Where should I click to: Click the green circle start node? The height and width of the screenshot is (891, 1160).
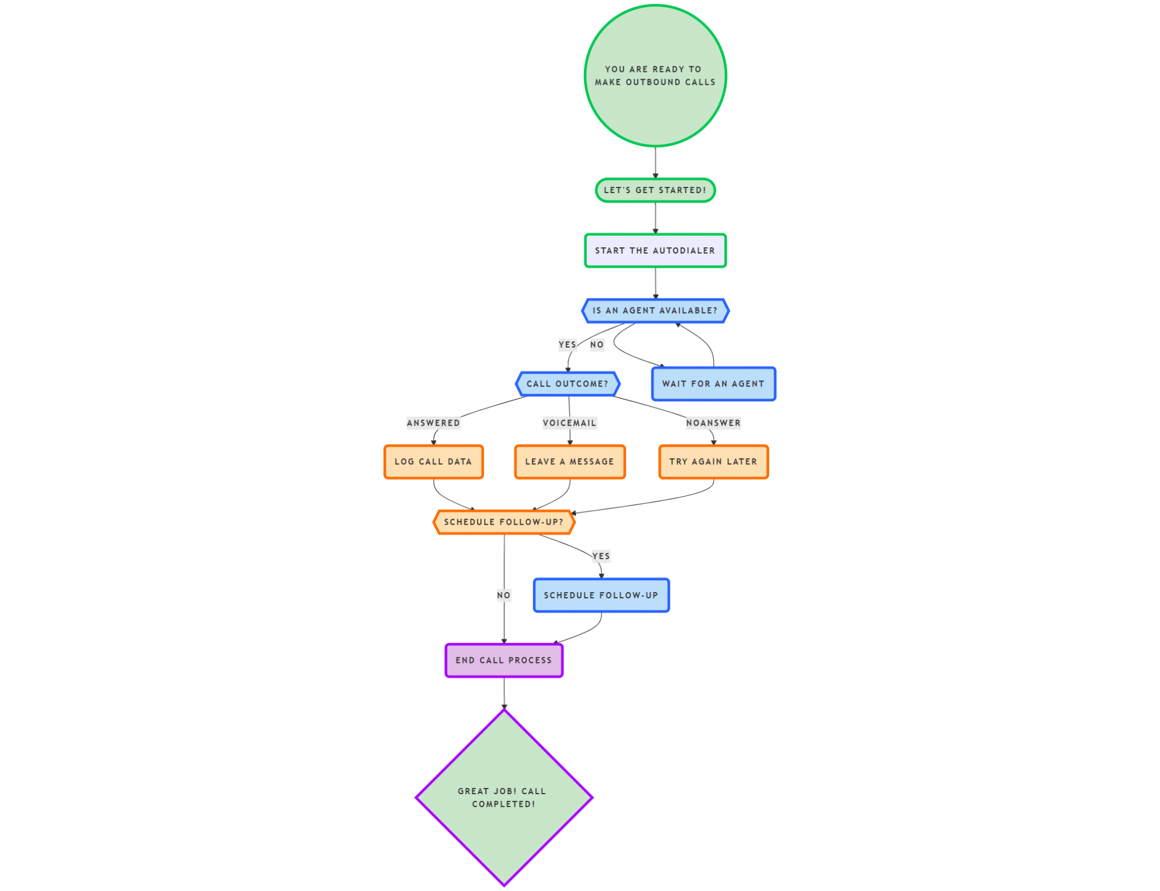click(x=655, y=76)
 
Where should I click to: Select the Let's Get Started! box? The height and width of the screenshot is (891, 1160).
click(x=655, y=190)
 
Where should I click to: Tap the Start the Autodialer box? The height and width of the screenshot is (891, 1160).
click(x=655, y=250)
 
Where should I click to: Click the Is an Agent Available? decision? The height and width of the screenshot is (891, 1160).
click(x=655, y=311)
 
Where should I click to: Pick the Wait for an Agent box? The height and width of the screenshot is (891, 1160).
click(x=713, y=384)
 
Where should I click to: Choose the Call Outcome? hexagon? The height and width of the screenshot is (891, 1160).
click(x=568, y=384)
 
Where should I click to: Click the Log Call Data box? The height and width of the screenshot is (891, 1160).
click(x=433, y=462)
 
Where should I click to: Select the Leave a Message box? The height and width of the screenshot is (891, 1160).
click(x=570, y=462)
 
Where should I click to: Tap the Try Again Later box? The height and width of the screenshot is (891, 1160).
click(x=713, y=462)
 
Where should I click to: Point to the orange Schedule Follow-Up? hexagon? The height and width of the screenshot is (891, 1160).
click(x=504, y=522)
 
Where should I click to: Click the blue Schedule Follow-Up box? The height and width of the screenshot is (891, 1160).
click(x=601, y=596)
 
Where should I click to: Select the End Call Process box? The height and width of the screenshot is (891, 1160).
click(x=504, y=660)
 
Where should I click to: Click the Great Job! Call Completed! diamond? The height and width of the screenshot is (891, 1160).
click(x=504, y=798)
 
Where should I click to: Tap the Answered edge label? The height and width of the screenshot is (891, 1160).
click(x=433, y=423)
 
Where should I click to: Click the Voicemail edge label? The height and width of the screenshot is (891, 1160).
click(x=570, y=423)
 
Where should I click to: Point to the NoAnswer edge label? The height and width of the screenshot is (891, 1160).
click(x=713, y=423)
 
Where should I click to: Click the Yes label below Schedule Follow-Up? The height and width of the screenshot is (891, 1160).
click(x=601, y=556)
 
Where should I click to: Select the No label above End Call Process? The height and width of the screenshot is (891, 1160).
click(x=504, y=595)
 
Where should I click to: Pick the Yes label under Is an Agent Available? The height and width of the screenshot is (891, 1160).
click(x=567, y=345)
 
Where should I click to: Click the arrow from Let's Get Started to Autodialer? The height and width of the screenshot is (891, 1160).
click(x=655, y=218)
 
